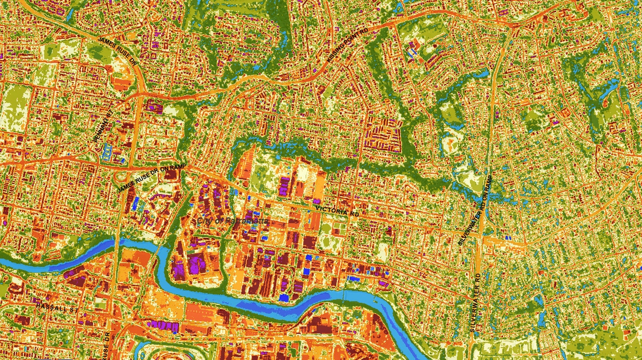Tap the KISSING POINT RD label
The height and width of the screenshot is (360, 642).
click(x=348, y=46)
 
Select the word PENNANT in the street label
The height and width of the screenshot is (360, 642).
click(x=101, y=126)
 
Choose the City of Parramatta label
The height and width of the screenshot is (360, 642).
click(x=232, y=221)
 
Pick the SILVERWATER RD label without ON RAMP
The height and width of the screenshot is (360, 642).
click(x=475, y=302)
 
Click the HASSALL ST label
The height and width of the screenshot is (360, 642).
click(x=57, y=307)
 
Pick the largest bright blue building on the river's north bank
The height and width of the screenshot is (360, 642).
click(x=284, y=298)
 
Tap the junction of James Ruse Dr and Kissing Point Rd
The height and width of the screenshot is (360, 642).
click(x=141, y=94)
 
